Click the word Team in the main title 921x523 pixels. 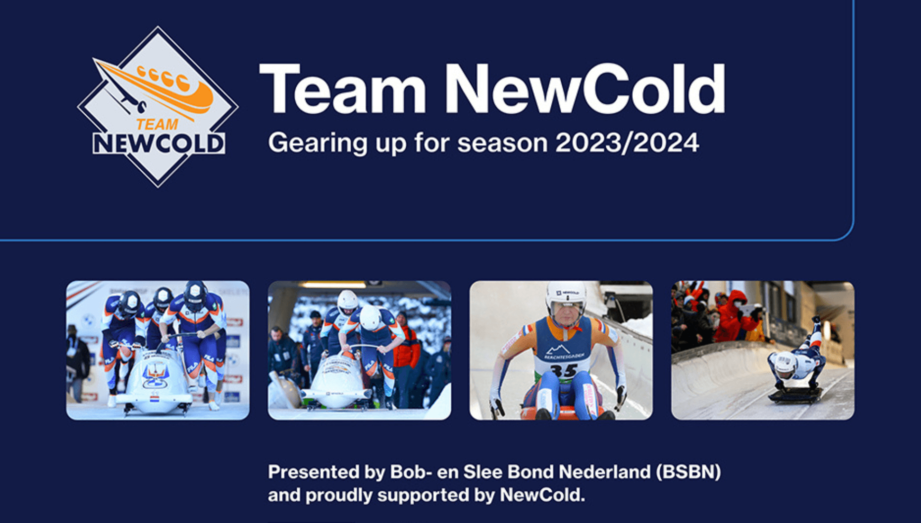point(343,89)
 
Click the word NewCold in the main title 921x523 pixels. point(584,89)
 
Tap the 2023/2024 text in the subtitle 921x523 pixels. point(627,143)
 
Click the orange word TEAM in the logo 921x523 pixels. point(157,125)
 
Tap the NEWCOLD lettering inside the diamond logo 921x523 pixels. point(158,143)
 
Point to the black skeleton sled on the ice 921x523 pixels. point(796,395)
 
